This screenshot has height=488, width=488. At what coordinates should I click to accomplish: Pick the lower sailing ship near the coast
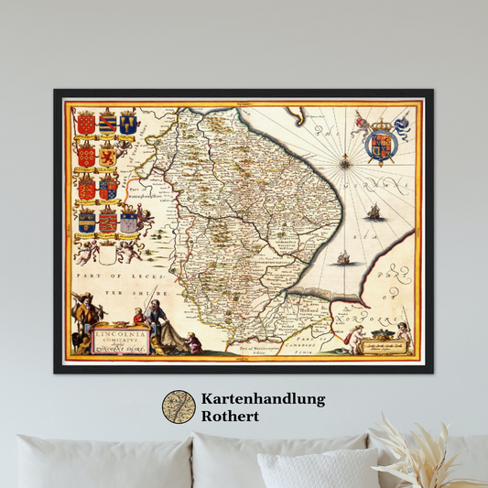pyautogui.click(x=343, y=258)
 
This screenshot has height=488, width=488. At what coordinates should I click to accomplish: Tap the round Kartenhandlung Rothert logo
pyautogui.click(x=179, y=407)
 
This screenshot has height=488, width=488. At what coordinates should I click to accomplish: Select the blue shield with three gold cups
pyautogui.click(x=128, y=123)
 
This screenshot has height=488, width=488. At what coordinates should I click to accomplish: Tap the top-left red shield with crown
pyautogui.click(x=86, y=123)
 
